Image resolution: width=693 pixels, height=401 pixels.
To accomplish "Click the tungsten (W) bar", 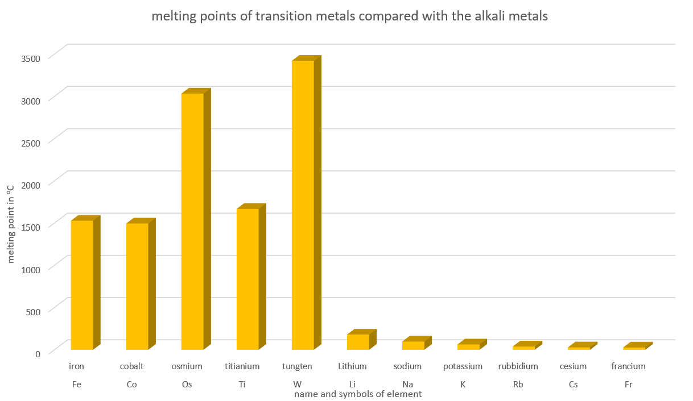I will [x=303, y=204].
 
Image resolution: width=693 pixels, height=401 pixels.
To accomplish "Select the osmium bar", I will [x=192, y=222].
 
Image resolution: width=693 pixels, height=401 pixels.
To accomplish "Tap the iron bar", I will [x=82, y=284].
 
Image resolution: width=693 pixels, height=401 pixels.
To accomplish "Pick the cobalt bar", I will [x=137, y=286].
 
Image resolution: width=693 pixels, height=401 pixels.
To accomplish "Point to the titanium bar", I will [x=247, y=278].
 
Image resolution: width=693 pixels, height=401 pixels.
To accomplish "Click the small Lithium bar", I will [x=358, y=342].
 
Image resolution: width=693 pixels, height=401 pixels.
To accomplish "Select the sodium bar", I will [x=413, y=345].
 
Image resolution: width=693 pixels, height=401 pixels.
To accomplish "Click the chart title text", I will [x=349, y=16].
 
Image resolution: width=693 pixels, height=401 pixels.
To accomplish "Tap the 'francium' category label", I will [x=628, y=366].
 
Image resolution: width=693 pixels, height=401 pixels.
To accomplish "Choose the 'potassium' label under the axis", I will [x=463, y=366].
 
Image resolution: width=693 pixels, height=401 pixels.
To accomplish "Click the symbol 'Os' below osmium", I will [x=187, y=385].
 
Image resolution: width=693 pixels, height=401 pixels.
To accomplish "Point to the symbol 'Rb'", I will [x=518, y=385].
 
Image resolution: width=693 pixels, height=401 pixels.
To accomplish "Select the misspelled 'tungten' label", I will [x=297, y=366].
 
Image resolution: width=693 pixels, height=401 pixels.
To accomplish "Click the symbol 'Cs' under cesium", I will [x=573, y=385].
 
